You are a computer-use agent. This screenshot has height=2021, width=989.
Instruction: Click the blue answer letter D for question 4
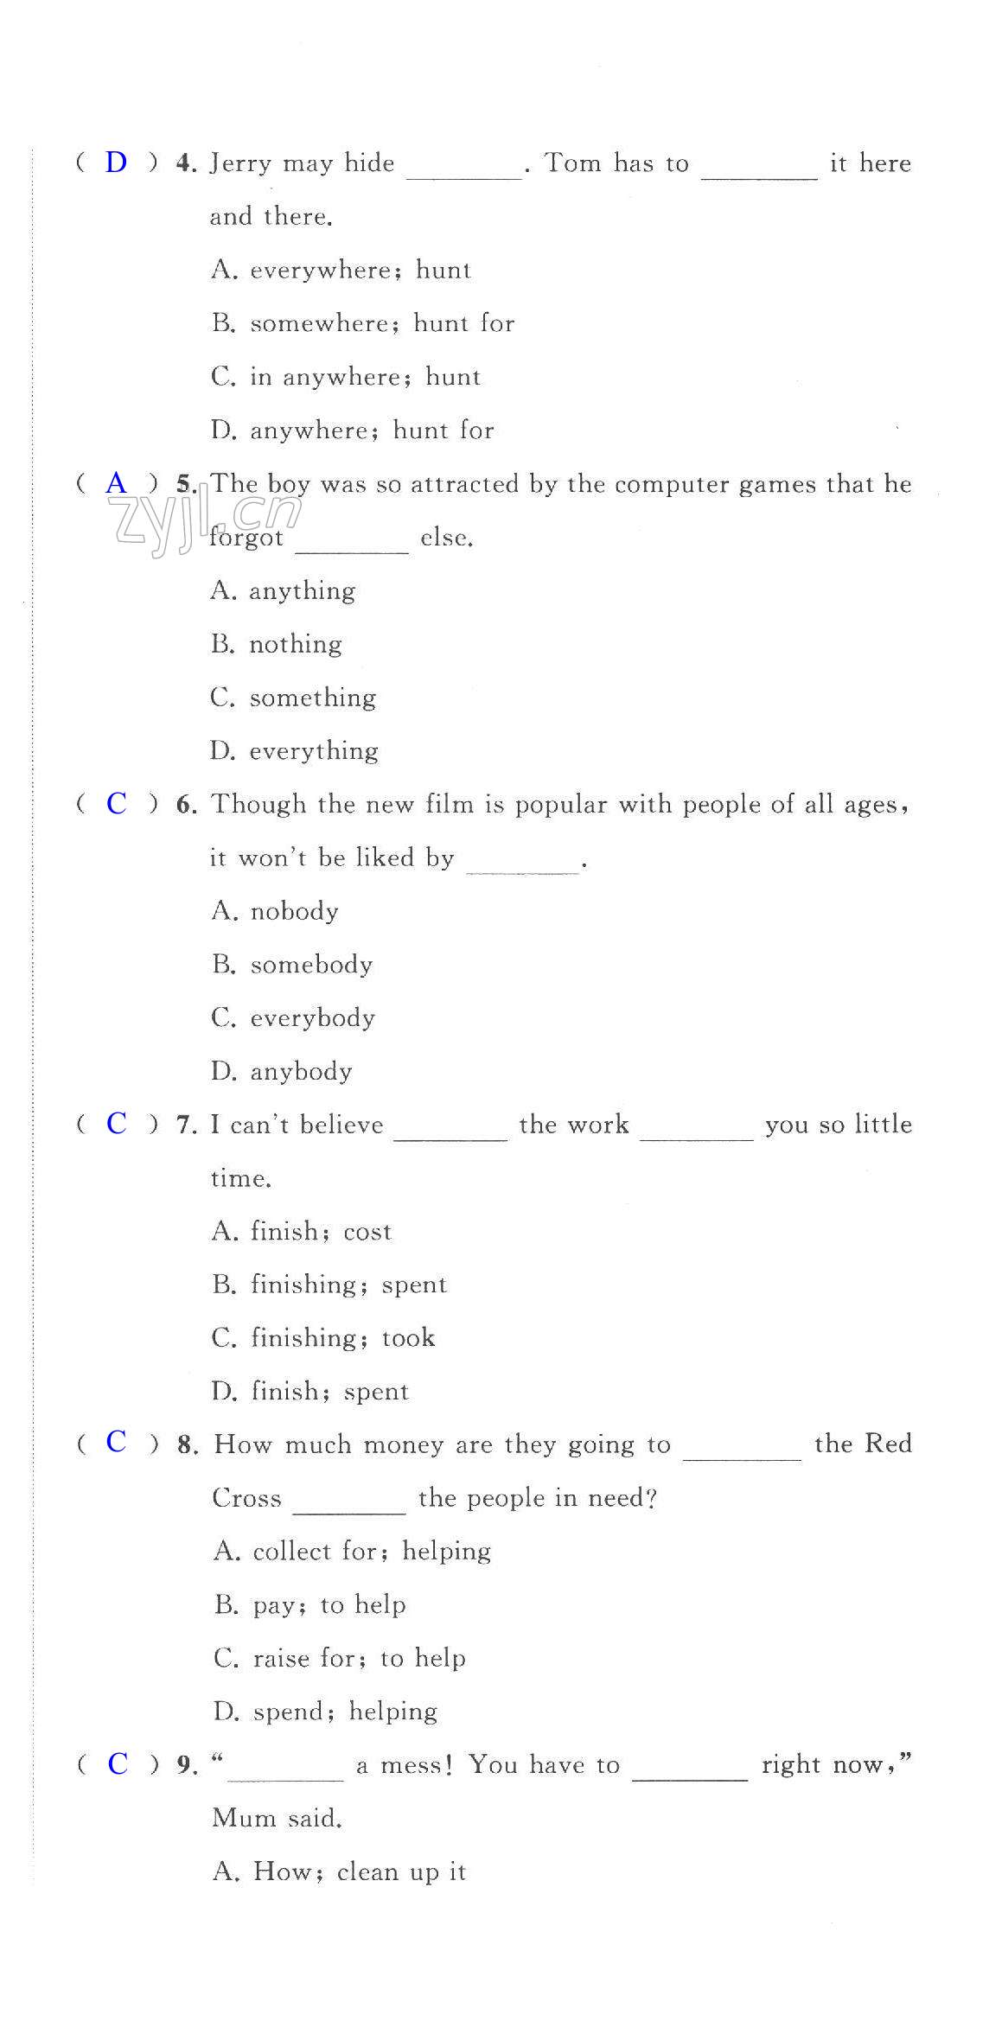pos(116,163)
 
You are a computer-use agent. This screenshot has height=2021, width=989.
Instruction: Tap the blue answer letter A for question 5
pos(116,483)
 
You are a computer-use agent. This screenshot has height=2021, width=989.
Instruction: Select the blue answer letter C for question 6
pos(116,804)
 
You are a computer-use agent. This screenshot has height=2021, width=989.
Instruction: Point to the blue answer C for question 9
pos(117,1764)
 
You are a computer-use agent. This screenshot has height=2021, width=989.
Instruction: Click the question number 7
pos(186,1125)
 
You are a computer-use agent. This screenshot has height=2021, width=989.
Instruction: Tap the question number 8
pos(187,1445)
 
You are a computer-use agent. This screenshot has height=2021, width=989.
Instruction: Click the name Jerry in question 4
pos(240,164)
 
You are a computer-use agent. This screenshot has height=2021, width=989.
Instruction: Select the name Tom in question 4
pos(572,163)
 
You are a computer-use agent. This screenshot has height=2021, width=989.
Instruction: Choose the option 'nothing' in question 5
pos(295,645)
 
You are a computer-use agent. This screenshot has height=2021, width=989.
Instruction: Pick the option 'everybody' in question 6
pos(312,1018)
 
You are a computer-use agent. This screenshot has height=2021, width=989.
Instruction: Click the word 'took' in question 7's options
pos(408,1338)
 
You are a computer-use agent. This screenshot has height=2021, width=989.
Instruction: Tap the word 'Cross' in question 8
pos(246,1498)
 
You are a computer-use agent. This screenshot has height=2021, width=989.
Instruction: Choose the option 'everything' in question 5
pos(313,751)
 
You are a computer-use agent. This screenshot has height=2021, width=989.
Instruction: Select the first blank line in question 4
pos(463,175)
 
